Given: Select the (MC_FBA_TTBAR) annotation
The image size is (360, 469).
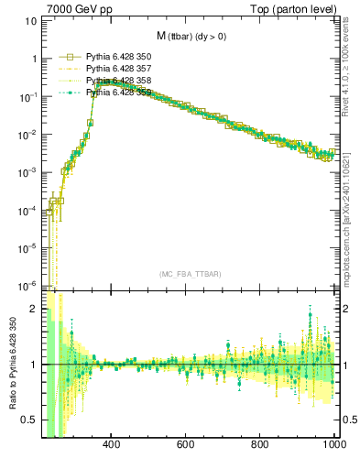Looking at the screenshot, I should click(x=190, y=274).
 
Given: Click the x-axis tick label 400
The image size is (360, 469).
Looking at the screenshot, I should click(x=112, y=446).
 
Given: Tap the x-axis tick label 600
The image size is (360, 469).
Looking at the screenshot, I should click(x=186, y=446).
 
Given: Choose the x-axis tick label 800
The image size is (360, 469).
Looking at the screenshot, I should click(x=260, y=446).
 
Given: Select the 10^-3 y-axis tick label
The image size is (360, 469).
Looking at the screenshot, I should click(x=27, y=172).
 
